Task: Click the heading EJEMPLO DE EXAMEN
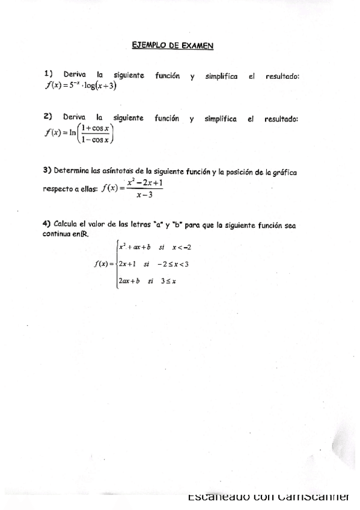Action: click(172, 45)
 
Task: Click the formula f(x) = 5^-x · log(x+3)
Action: click(81, 85)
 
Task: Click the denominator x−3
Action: click(144, 195)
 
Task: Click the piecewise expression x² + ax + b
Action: click(134, 247)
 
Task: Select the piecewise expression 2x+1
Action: click(127, 263)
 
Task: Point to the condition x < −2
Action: click(182, 247)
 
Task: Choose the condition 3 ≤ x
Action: click(168, 280)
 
